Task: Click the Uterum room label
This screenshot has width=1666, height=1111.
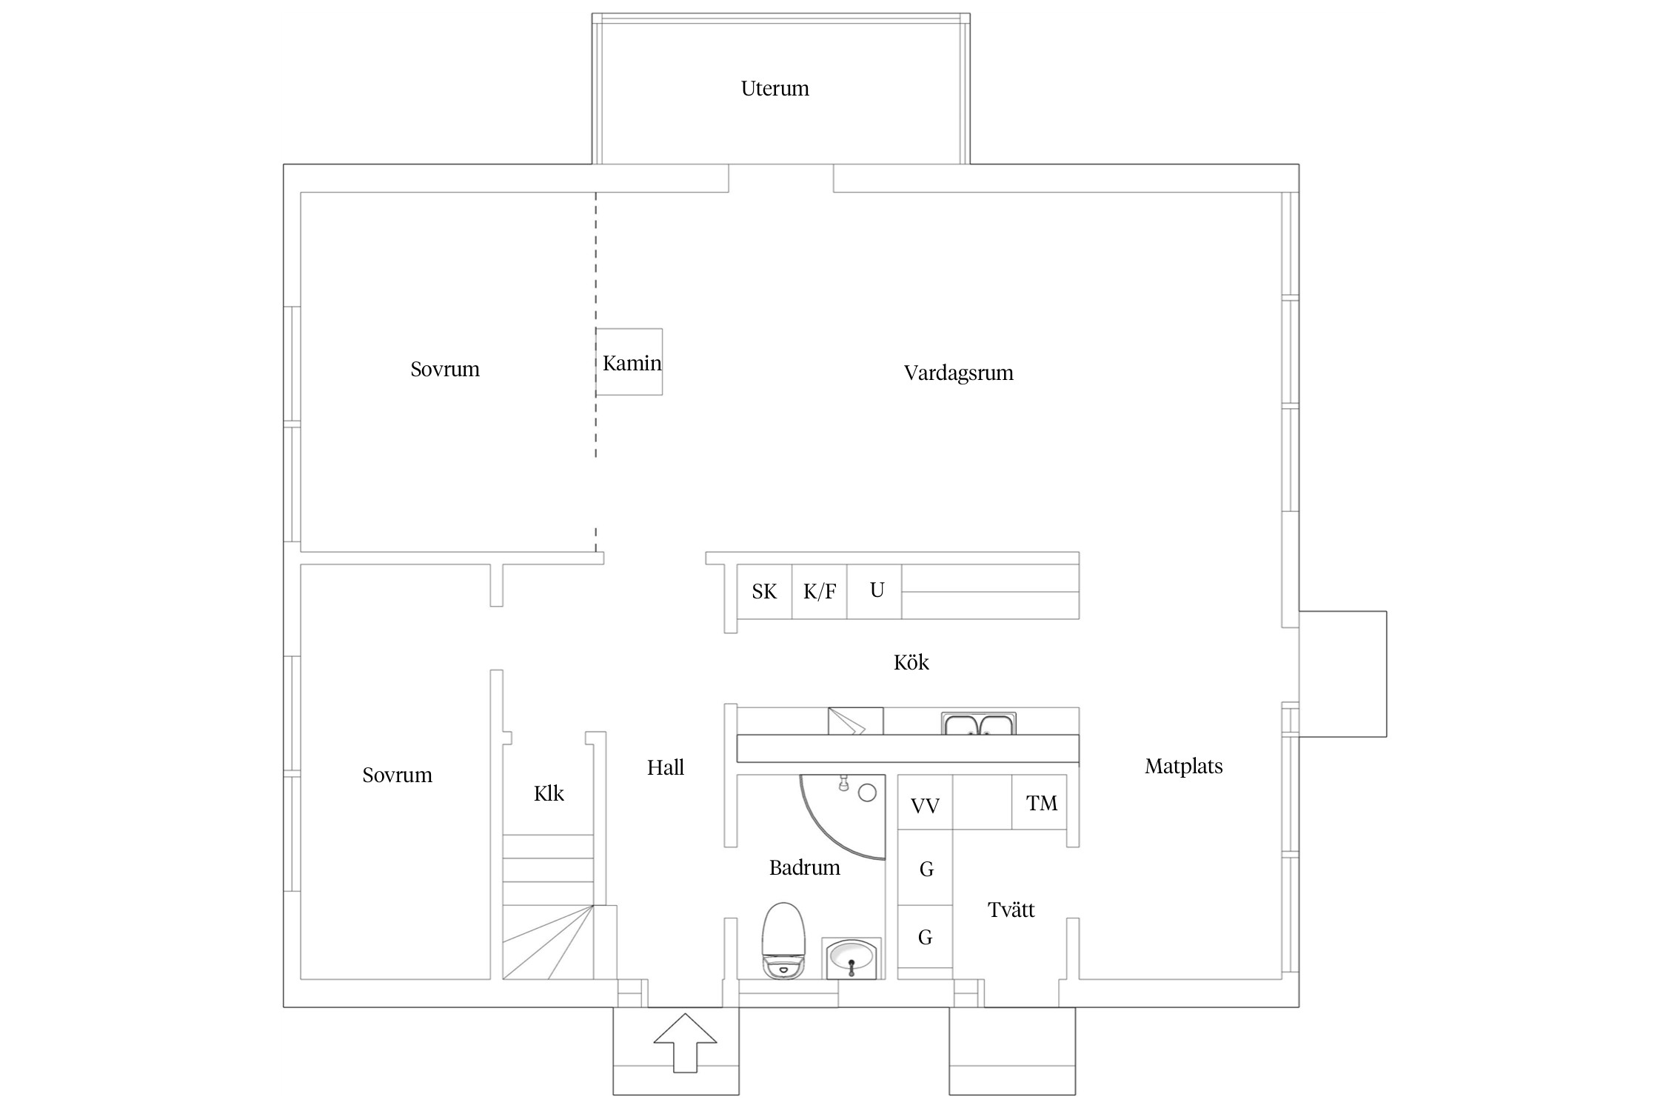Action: click(x=775, y=89)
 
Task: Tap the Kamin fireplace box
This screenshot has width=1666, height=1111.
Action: click(x=629, y=361)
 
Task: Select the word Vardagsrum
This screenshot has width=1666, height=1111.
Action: click(x=958, y=373)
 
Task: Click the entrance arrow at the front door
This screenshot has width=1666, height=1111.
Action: click(x=685, y=1042)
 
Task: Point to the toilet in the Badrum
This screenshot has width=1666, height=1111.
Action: click(x=783, y=941)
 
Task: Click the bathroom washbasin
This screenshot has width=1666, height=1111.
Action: click(x=852, y=958)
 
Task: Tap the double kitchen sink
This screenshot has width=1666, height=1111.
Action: click(x=979, y=724)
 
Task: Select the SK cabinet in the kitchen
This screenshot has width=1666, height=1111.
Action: click(x=764, y=591)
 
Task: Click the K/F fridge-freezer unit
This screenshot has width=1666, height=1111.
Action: click(x=820, y=591)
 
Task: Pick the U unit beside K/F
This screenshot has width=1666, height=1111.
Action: click(x=874, y=591)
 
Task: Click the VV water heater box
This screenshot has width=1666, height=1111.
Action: click(x=925, y=802)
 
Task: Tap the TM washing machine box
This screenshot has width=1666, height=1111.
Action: click(x=1040, y=802)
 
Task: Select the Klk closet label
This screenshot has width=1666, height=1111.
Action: click(x=549, y=794)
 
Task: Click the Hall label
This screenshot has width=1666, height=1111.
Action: click(x=665, y=768)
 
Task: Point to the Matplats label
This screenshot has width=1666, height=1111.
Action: click(x=1183, y=767)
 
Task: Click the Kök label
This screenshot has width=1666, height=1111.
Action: click(x=911, y=662)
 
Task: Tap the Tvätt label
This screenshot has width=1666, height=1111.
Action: click(x=1011, y=910)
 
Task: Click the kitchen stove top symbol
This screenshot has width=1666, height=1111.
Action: click(x=855, y=721)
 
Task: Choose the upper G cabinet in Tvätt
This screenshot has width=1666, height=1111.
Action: click(x=925, y=867)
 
